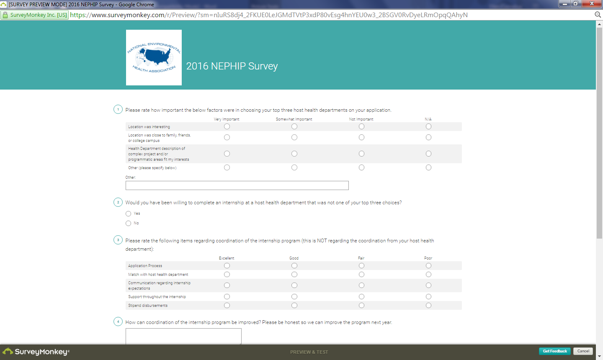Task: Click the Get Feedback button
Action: tap(554, 351)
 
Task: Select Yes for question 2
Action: tap(129, 213)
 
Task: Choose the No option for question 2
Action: tap(129, 223)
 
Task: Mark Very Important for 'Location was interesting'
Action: tap(227, 126)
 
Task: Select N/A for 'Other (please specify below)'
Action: tap(428, 167)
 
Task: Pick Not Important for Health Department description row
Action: tap(361, 154)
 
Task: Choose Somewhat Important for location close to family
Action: tap(294, 137)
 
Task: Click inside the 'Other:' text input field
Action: tap(237, 185)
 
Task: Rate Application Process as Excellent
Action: tap(227, 265)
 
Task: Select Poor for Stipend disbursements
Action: tap(428, 305)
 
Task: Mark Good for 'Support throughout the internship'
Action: tap(294, 296)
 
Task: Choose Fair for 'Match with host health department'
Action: tap(361, 274)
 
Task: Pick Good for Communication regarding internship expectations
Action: tap(294, 285)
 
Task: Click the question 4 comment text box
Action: tap(183, 336)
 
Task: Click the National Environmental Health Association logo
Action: tap(154, 57)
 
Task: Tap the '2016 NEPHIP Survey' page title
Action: tap(232, 66)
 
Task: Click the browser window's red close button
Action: tap(592, 4)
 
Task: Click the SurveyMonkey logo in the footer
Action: tap(36, 352)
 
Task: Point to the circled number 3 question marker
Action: tap(118, 240)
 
